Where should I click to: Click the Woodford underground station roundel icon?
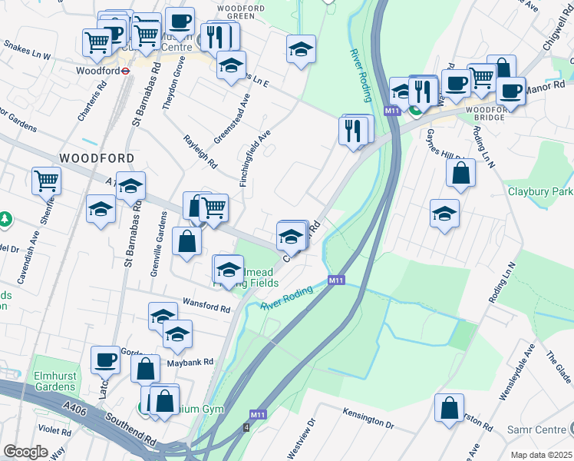click(126, 70)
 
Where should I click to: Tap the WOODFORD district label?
click(97, 158)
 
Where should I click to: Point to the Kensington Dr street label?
click(368, 418)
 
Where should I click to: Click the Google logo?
click(25, 451)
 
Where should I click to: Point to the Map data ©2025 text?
click(541, 455)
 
